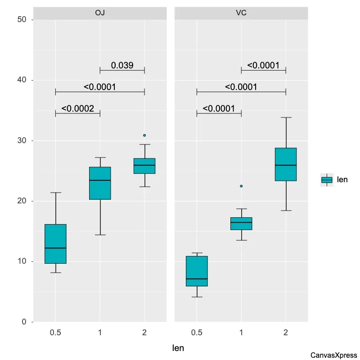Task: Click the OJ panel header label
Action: [100, 13]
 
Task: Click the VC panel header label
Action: [241, 13]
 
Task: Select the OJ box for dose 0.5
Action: [55, 243]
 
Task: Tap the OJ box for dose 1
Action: [100, 183]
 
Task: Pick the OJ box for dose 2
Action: [144, 166]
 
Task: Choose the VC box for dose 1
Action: [241, 224]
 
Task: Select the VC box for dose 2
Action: [286, 164]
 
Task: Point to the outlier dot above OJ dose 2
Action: [144, 135]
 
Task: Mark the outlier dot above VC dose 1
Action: [241, 186]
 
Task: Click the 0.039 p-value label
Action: [122, 66]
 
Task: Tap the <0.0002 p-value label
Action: [77, 108]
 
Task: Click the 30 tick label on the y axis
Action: [23, 141]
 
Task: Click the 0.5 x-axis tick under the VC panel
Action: [197, 333]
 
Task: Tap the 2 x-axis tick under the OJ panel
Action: [144, 333]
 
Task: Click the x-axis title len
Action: [179, 348]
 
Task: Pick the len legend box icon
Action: [327, 180]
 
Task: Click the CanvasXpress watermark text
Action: [333, 355]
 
